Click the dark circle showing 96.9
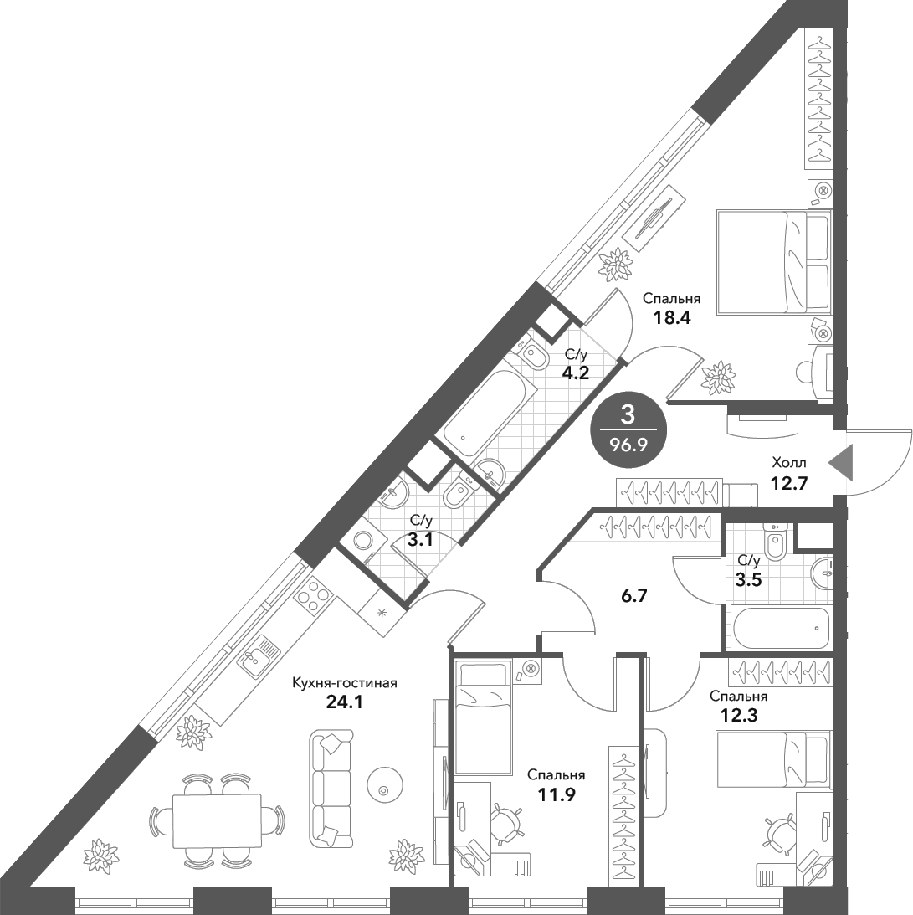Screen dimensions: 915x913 [x=628, y=429]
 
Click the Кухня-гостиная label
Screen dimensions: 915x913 [x=343, y=683]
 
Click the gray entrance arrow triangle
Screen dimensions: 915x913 [x=841, y=463]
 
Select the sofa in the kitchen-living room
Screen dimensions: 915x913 [x=331, y=788]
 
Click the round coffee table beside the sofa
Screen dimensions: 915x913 [x=384, y=789]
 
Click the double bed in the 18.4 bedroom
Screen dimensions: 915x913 [x=773, y=262]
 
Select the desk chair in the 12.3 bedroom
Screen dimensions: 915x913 [x=780, y=831]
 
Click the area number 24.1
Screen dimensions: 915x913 [x=343, y=701]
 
